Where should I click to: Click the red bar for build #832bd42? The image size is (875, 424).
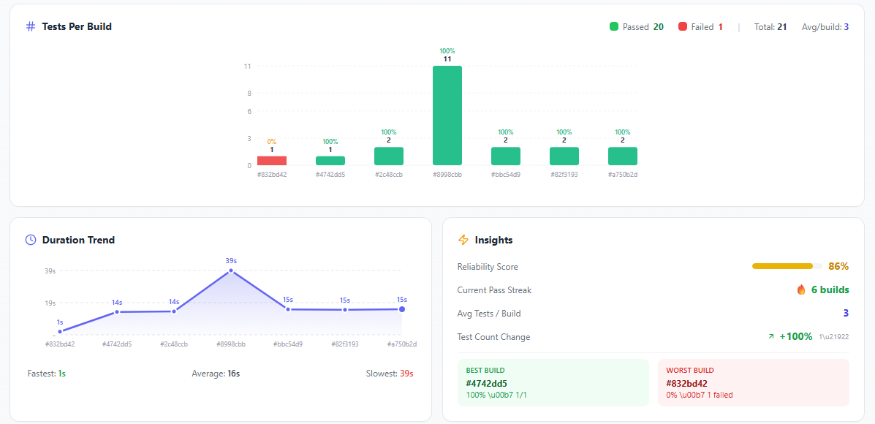pos(272,160)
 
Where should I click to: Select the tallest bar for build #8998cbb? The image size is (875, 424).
pos(447,116)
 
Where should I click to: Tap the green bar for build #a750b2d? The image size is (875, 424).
pos(623,156)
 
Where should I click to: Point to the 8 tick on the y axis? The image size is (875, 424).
pos(249,94)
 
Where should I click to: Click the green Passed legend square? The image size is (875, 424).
pos(614,27)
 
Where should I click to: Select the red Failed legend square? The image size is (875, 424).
pos(683,27)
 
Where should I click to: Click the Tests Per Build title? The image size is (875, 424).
pos(77,26)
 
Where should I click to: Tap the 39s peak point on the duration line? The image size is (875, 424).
pos(231,270)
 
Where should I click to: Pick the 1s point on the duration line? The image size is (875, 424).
pos(60,331)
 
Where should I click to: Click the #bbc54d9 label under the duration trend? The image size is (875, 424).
pos(288,344)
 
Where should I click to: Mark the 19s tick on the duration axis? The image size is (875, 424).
pos(50,303)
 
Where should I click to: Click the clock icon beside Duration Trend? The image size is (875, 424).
pos(31,240)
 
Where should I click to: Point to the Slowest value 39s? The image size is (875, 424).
pos(406,374)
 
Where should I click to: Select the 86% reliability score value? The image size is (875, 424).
pos(838,267)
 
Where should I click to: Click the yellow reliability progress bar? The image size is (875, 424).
pos(782,266)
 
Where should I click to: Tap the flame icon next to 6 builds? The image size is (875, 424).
pos(801,290)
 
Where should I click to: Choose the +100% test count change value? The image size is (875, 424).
pos(796,337)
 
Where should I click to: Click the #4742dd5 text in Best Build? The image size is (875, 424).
pos(487,383)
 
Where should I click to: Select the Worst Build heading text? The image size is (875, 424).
pos(690,371)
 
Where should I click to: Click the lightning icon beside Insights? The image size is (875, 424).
pos(463,240)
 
